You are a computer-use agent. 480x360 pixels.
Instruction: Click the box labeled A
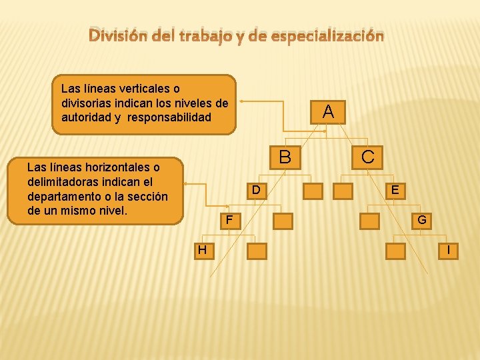[x=327, y=111]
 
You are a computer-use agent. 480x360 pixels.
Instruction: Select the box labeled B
[x=285, y=157]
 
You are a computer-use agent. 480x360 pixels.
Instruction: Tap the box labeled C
[x=367, y=157]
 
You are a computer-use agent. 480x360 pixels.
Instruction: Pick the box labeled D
[x=255, y=191]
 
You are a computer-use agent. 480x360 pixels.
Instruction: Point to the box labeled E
[x=395, y=191]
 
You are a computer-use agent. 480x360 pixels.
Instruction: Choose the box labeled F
[x=229, y=220]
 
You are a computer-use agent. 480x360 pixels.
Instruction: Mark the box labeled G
[x=422, y=220]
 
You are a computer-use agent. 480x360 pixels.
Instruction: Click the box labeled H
[x=202, y=250]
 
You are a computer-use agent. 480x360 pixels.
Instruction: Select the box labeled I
[x=449, y=251]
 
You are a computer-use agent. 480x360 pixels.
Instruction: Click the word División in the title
[x=115, y=35]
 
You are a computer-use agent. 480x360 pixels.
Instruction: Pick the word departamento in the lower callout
[x=67, y=196]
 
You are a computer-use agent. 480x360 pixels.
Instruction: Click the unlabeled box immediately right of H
[x=257, y=251]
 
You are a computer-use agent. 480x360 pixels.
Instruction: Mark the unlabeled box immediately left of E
[x=343, y=191]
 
